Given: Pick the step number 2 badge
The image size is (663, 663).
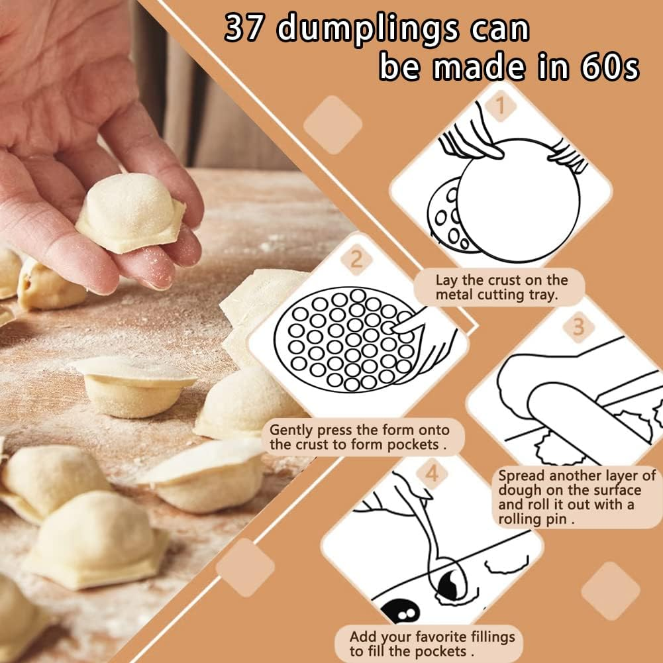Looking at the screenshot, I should [x=356, y=259].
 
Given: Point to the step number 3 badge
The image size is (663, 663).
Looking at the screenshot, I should [x=578, y=327].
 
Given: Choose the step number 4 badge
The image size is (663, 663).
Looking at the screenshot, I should [x=432, y=473].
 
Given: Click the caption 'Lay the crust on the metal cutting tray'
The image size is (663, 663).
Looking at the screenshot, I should [x=501, y=287].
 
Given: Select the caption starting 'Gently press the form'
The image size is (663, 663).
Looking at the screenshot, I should [x=358, y=437].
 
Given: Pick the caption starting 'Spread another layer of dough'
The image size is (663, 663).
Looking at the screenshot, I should [x=576, y=497].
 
